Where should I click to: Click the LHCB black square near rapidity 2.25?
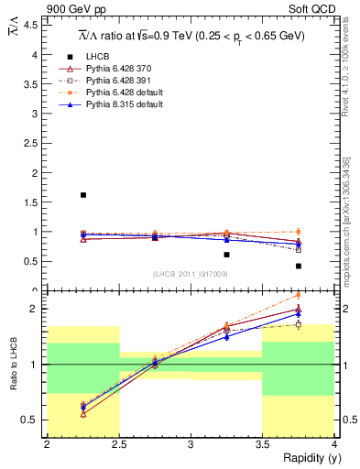(x=83, y=195)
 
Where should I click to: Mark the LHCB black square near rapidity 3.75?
(x=299, y=266)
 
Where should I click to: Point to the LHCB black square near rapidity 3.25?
(x=227, y=255)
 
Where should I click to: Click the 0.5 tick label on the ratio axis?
(x=32, y=420)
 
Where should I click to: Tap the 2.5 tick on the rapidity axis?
(x=119, y=444)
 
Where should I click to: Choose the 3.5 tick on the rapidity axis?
(x=263, y=444)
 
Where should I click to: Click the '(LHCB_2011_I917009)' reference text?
(x=191, y=274)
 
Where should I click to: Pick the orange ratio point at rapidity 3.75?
(x=299, y=295)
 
